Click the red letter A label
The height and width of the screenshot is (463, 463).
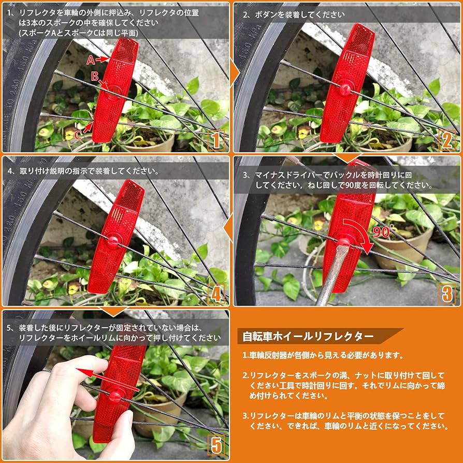[91, 60]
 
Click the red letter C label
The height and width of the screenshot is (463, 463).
[78, 136]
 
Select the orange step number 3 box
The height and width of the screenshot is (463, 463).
[447, 294]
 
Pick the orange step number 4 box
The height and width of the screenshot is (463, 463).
[216, 294]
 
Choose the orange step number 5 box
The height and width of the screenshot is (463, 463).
[216, 445]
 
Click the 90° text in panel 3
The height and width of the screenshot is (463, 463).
[384, 232]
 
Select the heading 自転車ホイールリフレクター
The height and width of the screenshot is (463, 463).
[308, 336]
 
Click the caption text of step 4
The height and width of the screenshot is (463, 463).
[83, 170]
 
